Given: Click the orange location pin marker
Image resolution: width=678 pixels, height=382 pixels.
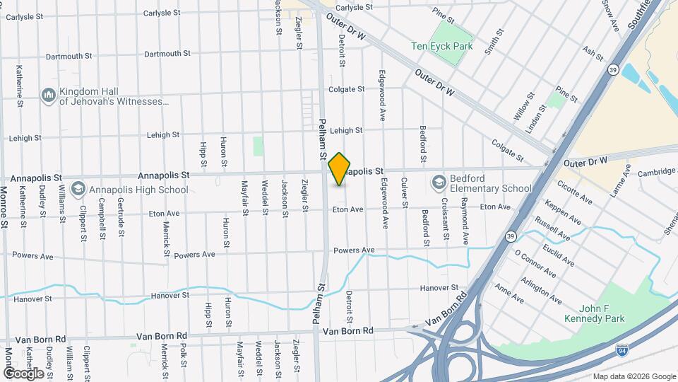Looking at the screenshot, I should click(340, 169).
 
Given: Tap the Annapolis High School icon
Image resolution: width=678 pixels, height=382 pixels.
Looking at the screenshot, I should click(78, 189).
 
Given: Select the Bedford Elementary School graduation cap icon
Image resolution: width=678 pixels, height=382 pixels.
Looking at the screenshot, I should click(439, 183).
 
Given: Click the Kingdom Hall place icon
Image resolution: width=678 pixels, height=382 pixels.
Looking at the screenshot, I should click(49, 95).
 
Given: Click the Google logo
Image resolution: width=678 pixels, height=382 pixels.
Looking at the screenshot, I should click(23, 373).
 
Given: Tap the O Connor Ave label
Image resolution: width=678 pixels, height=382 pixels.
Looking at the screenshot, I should click(535, 263).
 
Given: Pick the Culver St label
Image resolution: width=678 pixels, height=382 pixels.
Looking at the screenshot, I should click(405, 193).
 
